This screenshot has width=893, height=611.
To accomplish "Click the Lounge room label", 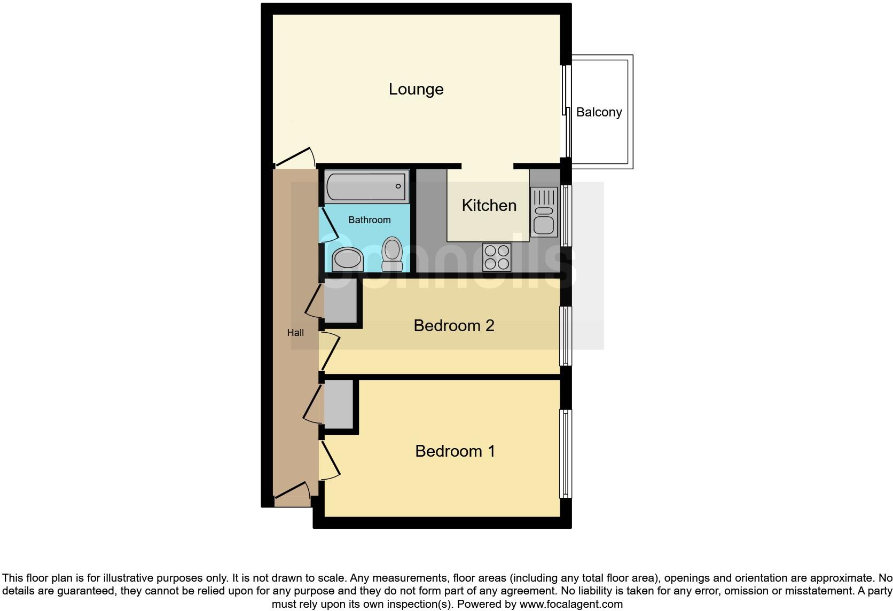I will coord(416,89).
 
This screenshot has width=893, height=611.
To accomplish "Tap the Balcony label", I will coord(599,112).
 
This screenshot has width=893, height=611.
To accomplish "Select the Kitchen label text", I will coord(489,206).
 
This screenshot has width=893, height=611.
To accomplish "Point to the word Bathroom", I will coord(369,220).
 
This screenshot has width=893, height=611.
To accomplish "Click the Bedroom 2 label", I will coord(453,326).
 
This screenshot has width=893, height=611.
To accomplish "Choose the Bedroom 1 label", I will coord(455,451).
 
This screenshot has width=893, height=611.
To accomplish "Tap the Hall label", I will coord(295,333).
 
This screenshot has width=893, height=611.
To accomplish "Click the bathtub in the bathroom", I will coord(366,187).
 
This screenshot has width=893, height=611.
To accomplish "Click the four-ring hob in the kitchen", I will coord(497,257).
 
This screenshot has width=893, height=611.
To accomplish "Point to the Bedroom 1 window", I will coord(565,454).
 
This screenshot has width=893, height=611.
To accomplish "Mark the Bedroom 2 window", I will coord(565,336).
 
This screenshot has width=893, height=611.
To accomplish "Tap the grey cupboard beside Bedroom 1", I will coord(339,404).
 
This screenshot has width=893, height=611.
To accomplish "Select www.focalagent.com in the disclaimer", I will coord(570,604).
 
